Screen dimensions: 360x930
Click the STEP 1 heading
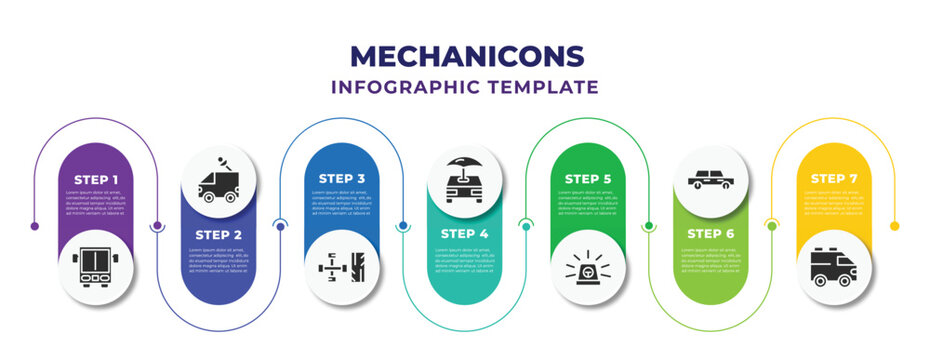[96, 179]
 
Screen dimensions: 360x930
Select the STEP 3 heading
[342, 179]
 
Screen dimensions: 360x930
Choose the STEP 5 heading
[588, 179]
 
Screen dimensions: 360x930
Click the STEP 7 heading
[834, 179]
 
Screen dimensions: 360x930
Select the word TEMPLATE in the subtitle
[541, 87]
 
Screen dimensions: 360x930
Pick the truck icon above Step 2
[219, 181]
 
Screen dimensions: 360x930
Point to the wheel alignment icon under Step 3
[342, 267]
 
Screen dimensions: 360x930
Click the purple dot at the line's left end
[35, 226]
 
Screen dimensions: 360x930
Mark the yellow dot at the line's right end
[895, 226]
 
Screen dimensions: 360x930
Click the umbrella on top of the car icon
[465, 161]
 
